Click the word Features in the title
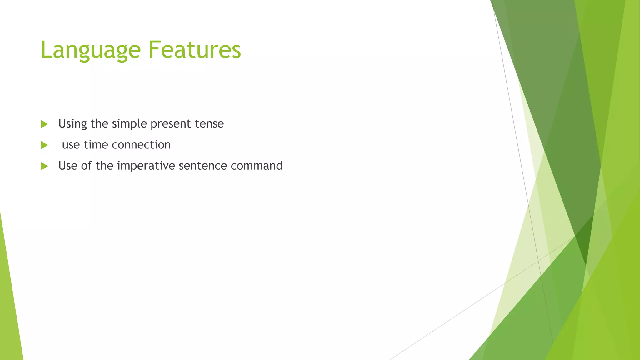pyautogui.click(x=194, y=50)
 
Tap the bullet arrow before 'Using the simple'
pyautogui.click(x=44, y=124)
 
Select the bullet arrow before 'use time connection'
pyautogui.click(x=44, y=145)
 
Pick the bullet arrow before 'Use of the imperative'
pyautogui.click(x=44, y=166)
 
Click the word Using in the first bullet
pyautogui.click(x=72, y=124)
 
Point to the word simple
pyautogui.click(x=129, y=124)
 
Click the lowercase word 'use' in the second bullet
pyautogui.click(x=71, y=145)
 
